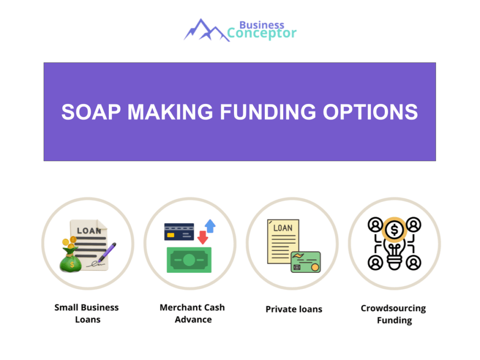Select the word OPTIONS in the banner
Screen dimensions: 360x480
click(x=370, y=112)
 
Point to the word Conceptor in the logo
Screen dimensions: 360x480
click(x=262, y=34)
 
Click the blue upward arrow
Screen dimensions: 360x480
click(x=210, y=226)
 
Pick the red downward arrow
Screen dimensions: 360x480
click(x=202, y=237)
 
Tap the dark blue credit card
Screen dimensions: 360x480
click(x=179, y=232)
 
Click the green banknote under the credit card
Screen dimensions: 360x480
click(x=188, y=260)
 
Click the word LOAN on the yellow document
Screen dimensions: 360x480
click(x=283, y=228)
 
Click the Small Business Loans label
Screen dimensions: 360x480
click(x=87, y=314)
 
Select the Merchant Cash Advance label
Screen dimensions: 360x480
click(x=192, y=314)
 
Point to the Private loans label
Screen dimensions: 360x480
click(x=294, y=309)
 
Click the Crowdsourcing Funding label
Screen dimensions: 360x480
click(x=394, y=314)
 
